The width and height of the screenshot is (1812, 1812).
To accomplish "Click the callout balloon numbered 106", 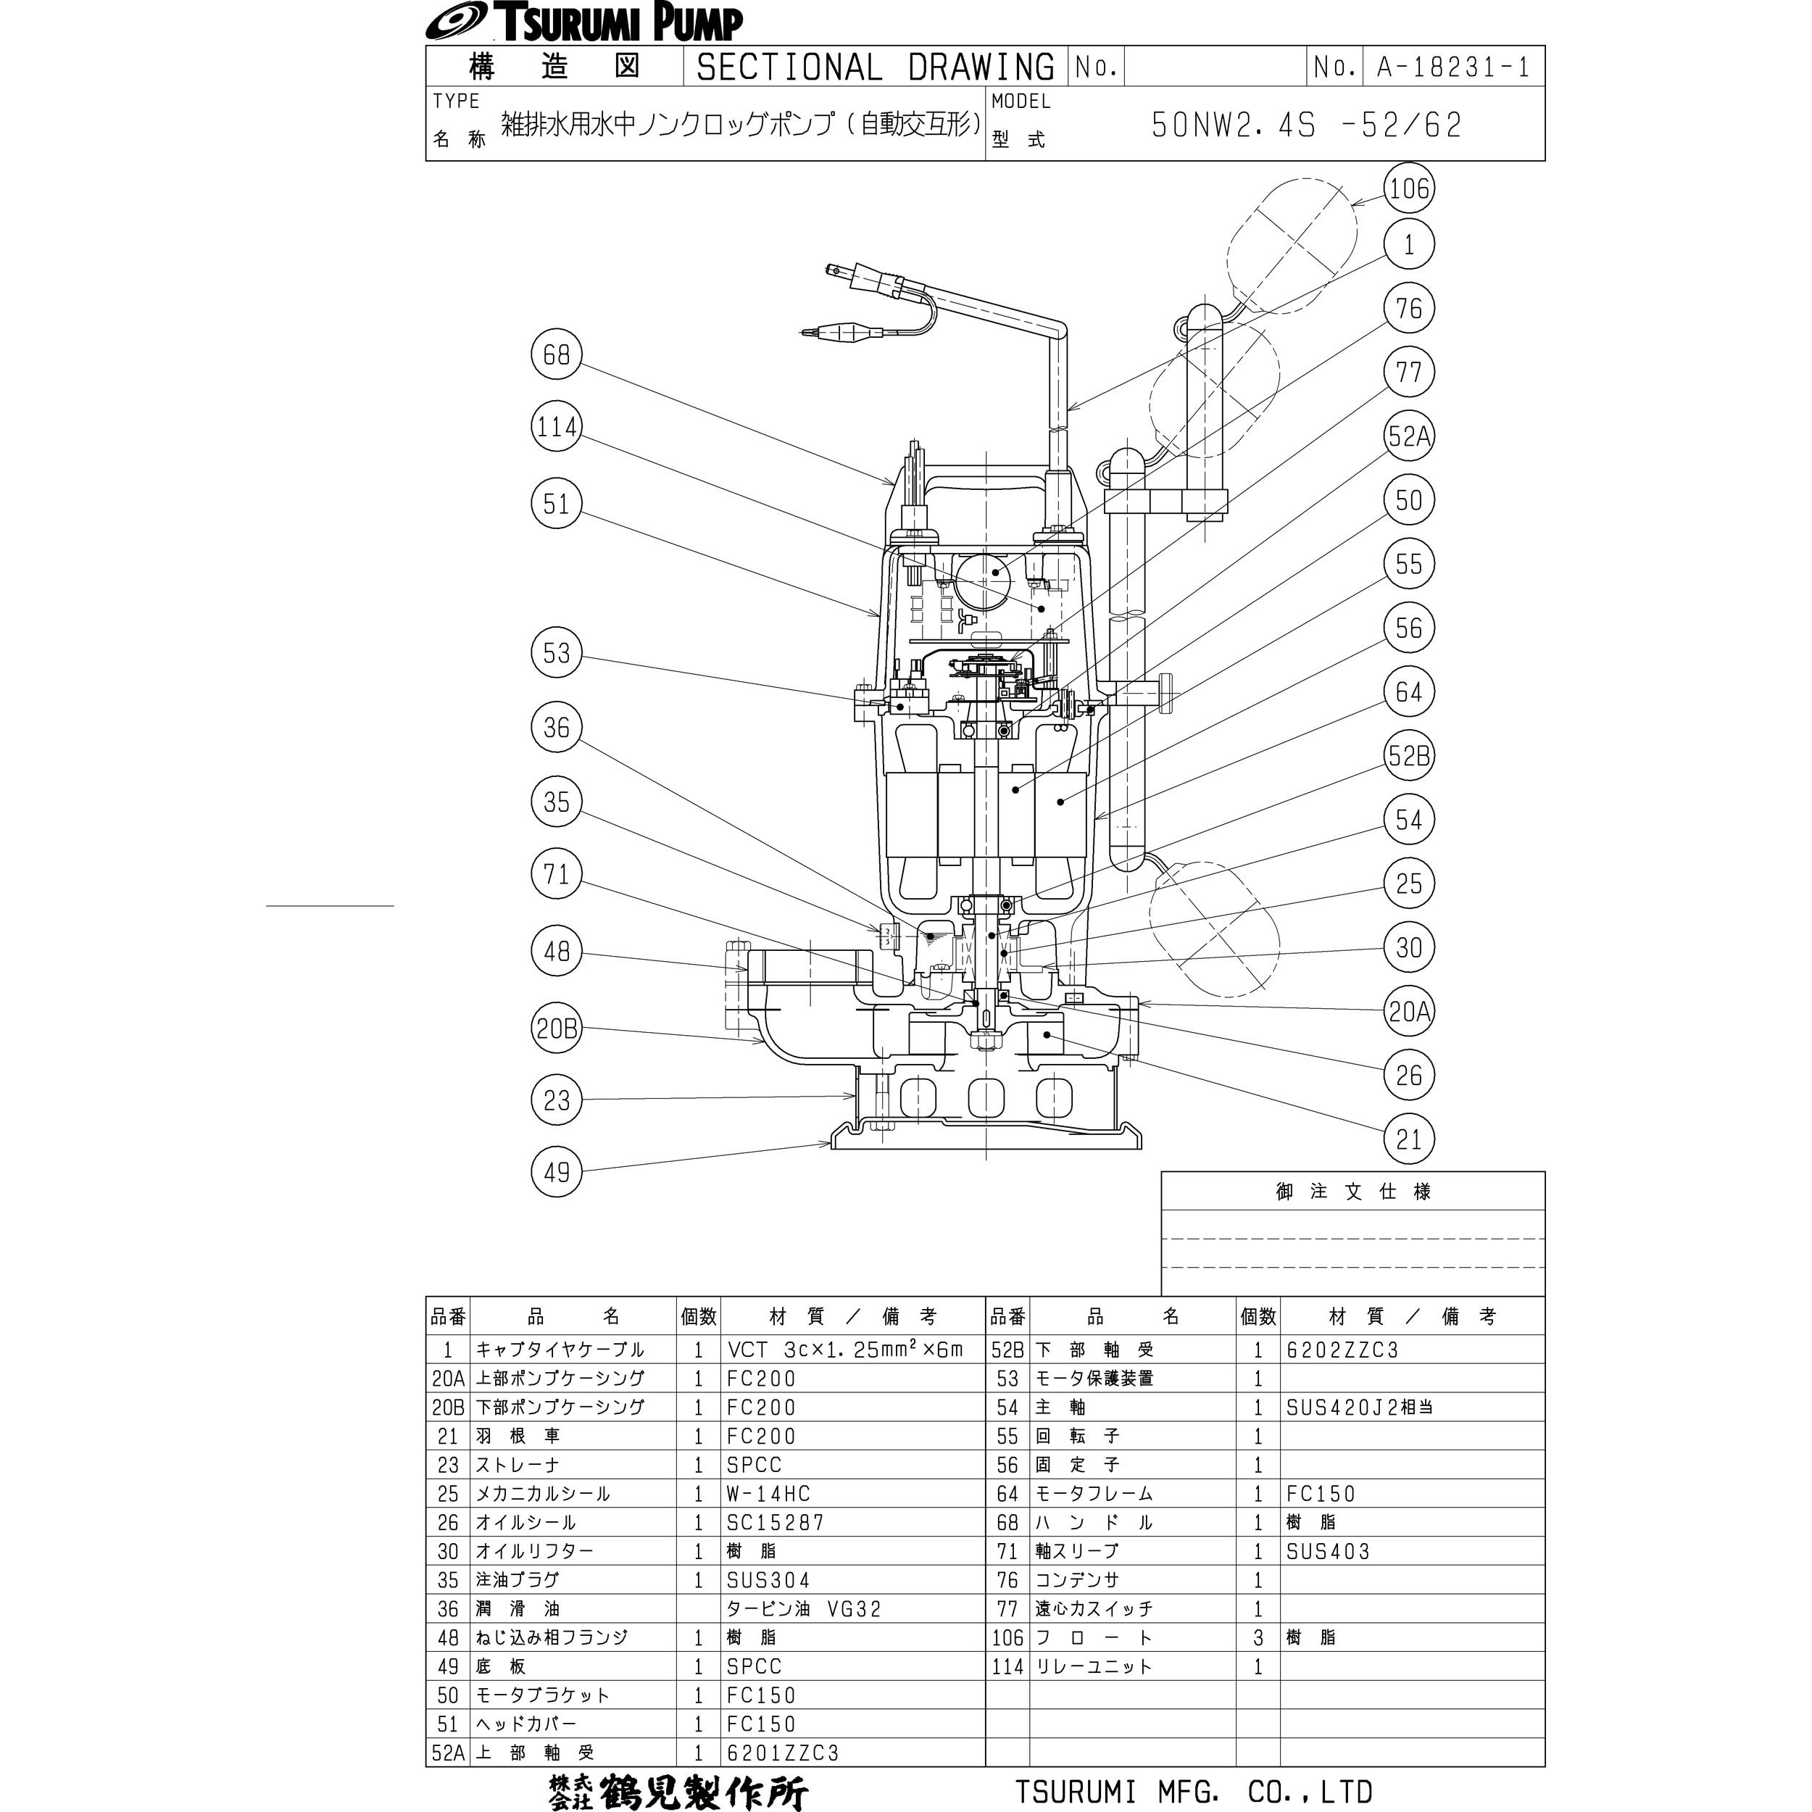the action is [1409, 188].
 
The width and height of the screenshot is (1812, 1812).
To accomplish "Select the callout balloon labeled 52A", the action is [1409, 436].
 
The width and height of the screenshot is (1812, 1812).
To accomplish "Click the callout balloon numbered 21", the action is [1409, 1139].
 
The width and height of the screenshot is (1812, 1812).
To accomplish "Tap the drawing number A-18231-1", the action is [1454, 67].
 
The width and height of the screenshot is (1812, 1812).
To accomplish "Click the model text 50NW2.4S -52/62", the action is [1307, 125].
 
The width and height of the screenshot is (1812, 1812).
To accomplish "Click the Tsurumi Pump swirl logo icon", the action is [456, 22].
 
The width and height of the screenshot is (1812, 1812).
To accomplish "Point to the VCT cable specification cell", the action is [845, 1350].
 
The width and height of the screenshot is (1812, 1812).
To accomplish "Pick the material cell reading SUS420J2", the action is [1359, 1407].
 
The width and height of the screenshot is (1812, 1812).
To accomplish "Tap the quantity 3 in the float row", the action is [1258, 1637].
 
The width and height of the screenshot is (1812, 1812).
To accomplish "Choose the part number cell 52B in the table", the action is [1007, 1350].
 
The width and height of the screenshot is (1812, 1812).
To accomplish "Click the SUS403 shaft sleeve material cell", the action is [1328, 1551].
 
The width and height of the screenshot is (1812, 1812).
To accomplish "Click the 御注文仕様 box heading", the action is [1352, 1191].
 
